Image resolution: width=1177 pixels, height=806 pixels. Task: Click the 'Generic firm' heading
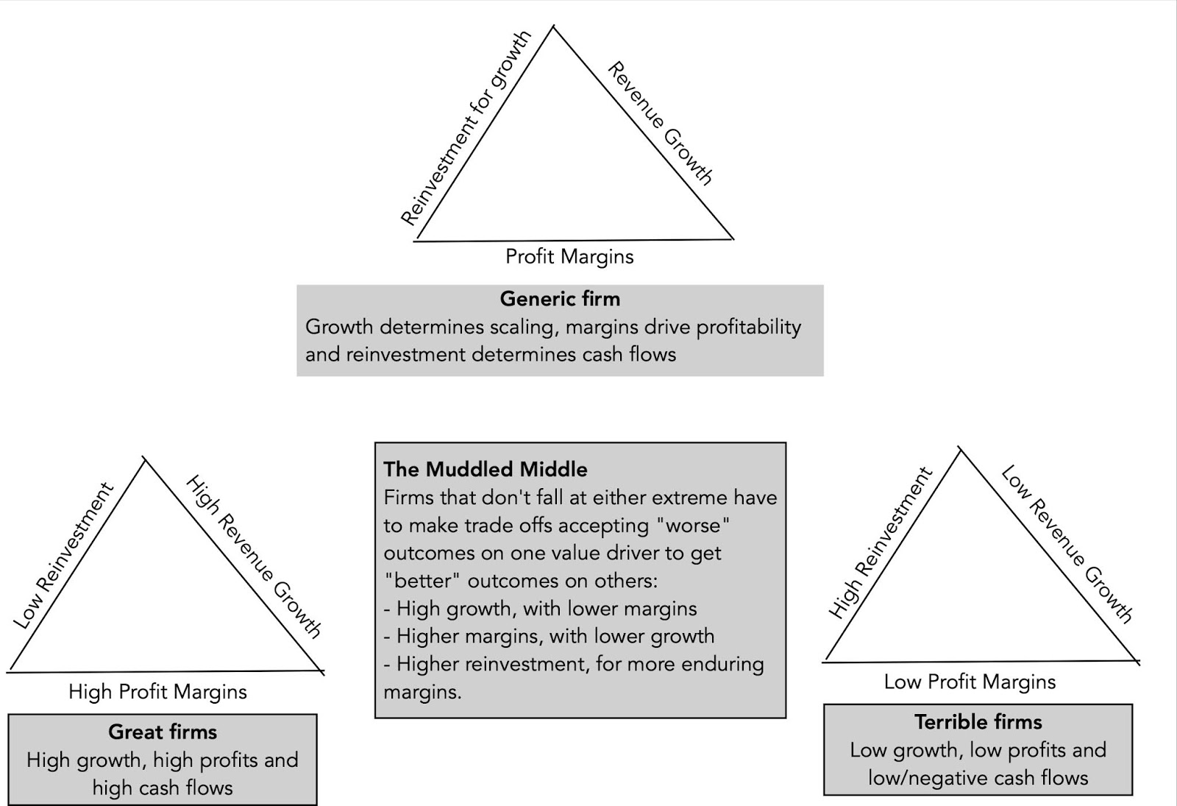560,299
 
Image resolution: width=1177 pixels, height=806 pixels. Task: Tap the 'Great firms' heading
163,732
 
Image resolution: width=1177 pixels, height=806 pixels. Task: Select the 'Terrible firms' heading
978,722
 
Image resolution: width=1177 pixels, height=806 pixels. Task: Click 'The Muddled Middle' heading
486,470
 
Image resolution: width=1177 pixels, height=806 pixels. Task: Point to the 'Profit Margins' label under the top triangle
569,256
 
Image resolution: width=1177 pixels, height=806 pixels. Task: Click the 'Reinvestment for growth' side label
465,128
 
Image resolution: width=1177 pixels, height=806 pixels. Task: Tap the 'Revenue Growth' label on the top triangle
660,124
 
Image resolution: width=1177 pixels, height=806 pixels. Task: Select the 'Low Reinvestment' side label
63,556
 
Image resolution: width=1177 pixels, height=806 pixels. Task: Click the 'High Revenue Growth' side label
253,556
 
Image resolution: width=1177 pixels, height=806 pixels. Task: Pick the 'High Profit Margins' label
157,692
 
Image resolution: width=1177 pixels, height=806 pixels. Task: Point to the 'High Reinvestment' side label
880,542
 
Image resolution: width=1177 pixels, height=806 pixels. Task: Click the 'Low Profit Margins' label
970,682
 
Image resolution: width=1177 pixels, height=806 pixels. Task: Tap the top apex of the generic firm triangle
553,27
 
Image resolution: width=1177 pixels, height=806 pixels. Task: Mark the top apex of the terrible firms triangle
960,450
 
